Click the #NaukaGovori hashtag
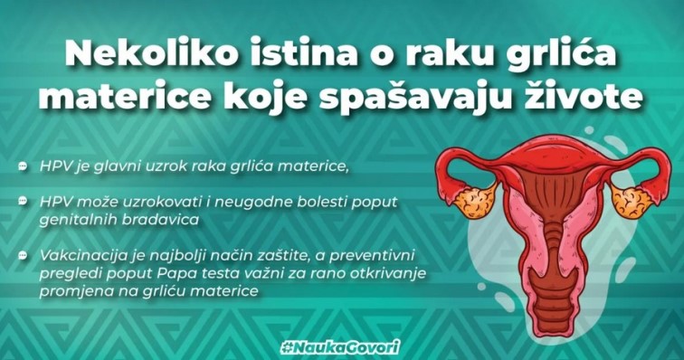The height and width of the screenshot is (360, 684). pos(340,347)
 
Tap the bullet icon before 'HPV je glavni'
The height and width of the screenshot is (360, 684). pos(23,166)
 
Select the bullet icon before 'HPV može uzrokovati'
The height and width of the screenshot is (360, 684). pos(23,201)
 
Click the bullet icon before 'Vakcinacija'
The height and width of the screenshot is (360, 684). pos(23,255)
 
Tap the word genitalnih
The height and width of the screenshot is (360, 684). pos(78,220)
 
